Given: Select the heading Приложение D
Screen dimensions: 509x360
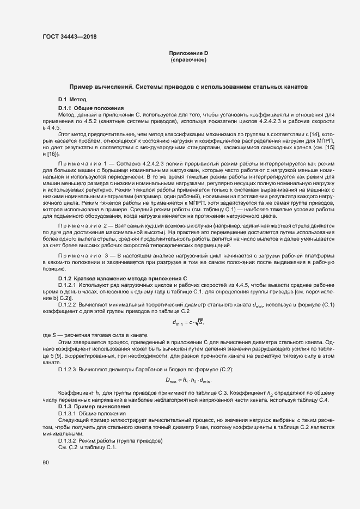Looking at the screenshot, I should click(188, 53).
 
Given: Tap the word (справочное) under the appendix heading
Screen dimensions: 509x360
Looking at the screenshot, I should click(188, 59).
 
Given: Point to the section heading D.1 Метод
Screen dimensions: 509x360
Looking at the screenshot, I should click(72, 100).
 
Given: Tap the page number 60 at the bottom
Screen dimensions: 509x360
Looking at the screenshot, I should click(45, 462).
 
